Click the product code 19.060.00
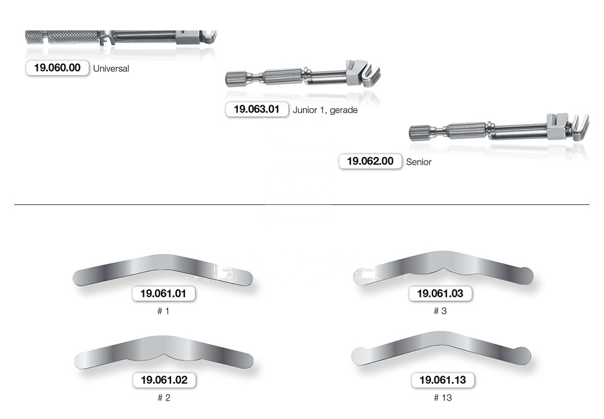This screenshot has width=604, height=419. coord(58,68)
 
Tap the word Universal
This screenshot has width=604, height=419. coord(111,69)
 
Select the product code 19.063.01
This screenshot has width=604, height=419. coord(257,109)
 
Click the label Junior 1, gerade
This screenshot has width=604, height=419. coord(325,110)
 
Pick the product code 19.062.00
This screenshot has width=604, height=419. coord(370,161)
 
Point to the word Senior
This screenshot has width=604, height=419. coord(419,162)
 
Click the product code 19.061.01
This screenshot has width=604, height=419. coord(163,294)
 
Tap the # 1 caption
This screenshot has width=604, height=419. coord(163,311)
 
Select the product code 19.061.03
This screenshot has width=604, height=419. coord(440,294)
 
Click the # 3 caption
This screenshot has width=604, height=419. coord(440,311)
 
